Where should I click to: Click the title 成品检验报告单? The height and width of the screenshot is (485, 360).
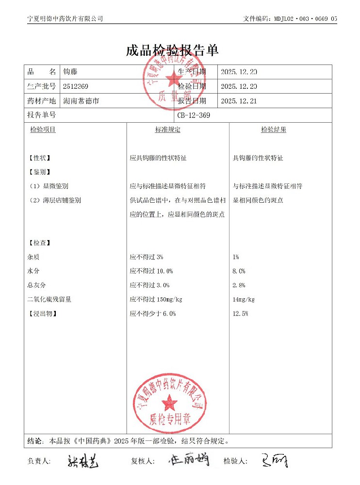173,51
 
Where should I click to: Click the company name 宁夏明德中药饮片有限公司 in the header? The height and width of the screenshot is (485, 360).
65,18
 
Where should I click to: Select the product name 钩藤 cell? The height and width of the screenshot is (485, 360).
70,72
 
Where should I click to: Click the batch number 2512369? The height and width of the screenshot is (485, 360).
76,86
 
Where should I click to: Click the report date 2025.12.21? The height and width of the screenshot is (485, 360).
239,101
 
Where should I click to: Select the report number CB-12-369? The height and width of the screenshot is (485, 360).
194,115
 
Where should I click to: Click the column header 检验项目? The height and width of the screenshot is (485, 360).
43,129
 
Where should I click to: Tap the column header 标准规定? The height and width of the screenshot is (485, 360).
168,129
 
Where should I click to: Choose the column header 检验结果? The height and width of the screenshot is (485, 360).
274,129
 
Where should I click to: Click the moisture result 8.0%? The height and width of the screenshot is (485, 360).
239,271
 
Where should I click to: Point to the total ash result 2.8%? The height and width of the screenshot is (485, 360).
239,285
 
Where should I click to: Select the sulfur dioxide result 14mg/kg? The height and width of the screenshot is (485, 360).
244,299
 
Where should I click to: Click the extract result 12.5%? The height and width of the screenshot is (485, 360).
241,314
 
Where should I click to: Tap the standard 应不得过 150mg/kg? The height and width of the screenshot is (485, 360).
156,299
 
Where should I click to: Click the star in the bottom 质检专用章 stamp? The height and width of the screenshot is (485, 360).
169,402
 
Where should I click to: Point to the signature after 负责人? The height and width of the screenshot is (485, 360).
82,461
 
